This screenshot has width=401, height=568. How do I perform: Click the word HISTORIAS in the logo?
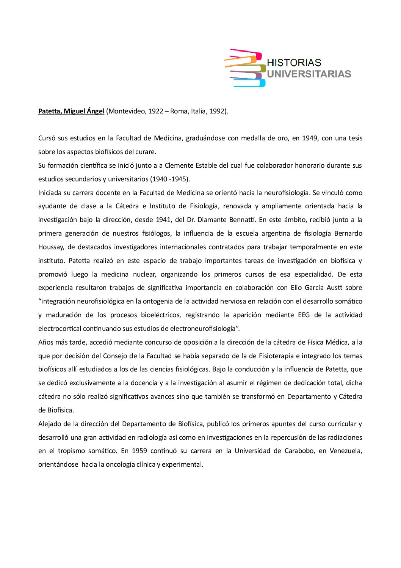click(x=294, y=63)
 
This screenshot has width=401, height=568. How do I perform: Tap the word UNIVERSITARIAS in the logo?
click(x=309, y=74)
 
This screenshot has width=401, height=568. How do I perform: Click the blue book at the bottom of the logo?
click(x=248, y=83)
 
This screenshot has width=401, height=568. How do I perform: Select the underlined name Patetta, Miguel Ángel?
click(x=71, y=111)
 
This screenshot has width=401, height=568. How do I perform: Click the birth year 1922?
click(x=155, y=111)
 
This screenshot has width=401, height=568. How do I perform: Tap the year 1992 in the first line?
click(x=218, y=111)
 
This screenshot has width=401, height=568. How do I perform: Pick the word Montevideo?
click(x=127, y=111)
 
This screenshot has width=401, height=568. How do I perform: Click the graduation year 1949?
click(x=310, y=138)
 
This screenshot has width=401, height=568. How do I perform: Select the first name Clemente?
click(x=179, y=165)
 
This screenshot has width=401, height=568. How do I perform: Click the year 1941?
click(x=163, y=220)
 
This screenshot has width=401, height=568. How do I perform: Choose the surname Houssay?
click(x=51, y=247)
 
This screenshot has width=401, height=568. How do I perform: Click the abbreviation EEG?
click(x=304, y=315)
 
